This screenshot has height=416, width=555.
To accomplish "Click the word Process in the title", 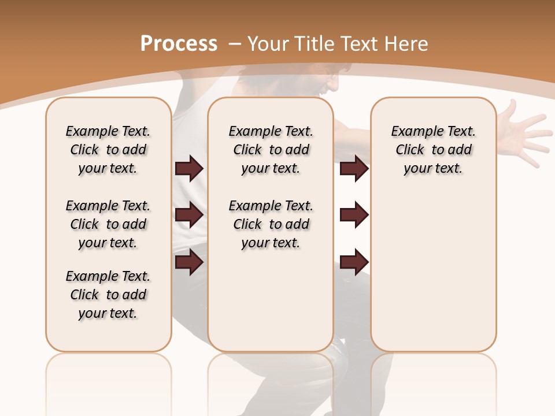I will point(179,44).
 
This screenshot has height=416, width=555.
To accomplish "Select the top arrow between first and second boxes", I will point(189,169).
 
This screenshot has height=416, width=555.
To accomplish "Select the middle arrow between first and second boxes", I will point(189,216).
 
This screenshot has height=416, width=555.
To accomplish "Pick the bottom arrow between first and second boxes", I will point(189,262).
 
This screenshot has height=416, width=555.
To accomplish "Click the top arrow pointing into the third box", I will point(354,169).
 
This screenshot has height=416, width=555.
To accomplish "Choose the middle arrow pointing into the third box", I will point(354,216).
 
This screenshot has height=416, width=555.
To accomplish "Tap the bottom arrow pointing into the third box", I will point(354,262).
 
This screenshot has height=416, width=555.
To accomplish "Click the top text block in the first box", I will point(108,150).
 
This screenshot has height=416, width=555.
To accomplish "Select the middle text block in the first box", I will point(108,224).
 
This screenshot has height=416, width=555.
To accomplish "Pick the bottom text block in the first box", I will point(108,295).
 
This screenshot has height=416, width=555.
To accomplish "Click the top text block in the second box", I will point(271,150).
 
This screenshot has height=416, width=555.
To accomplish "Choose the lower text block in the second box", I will point(271,224).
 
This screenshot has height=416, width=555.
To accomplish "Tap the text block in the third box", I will point(433,150).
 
